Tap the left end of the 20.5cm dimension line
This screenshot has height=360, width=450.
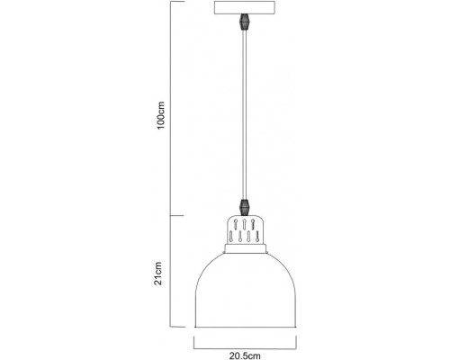pos(194,341)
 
